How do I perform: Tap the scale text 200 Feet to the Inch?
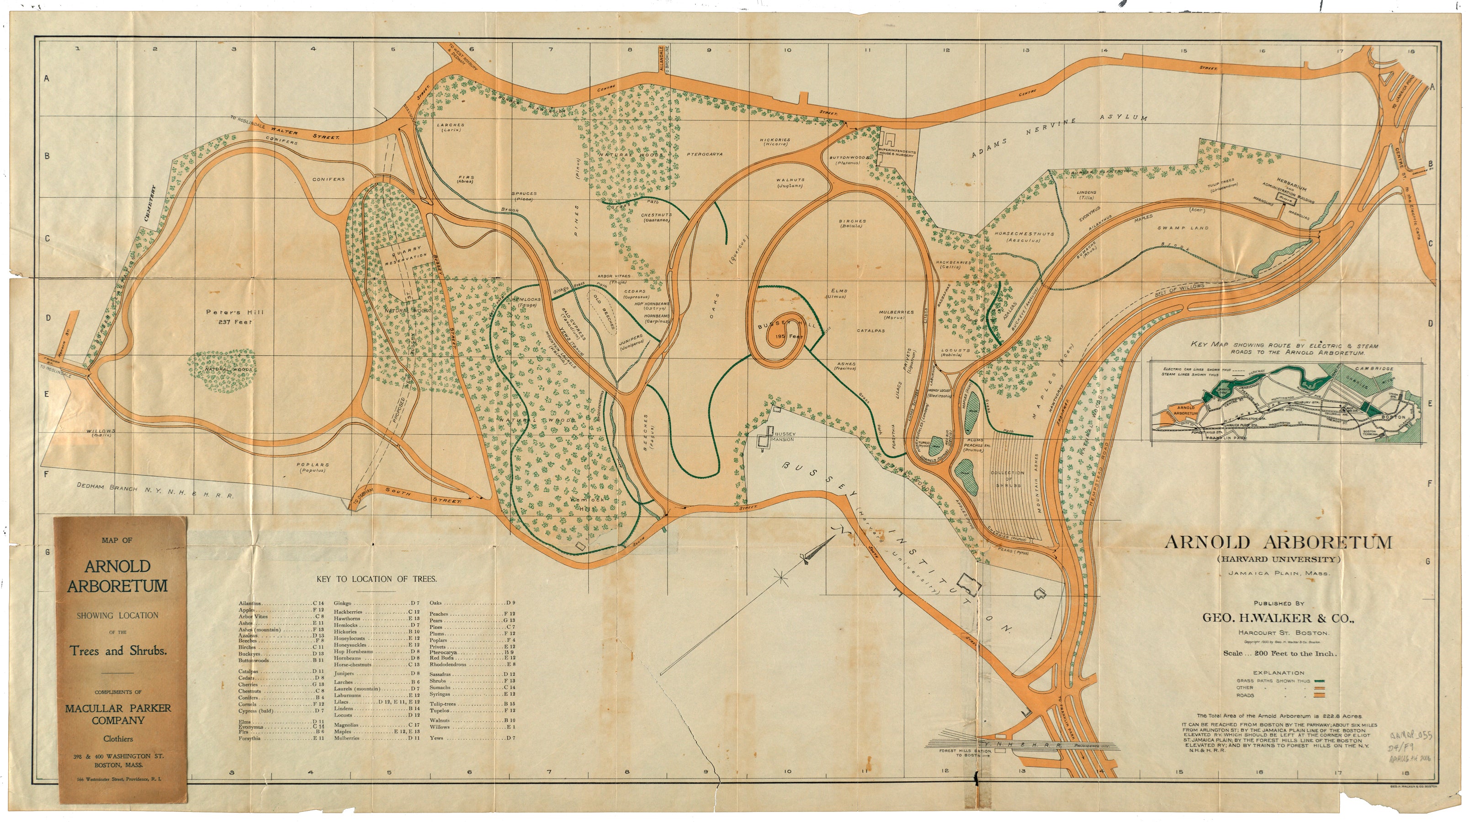(x=1278, y=654)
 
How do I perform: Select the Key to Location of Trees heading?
(x=377, y=579)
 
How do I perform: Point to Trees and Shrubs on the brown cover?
(x=118, y=651)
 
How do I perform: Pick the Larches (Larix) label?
(x=450, y=127)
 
